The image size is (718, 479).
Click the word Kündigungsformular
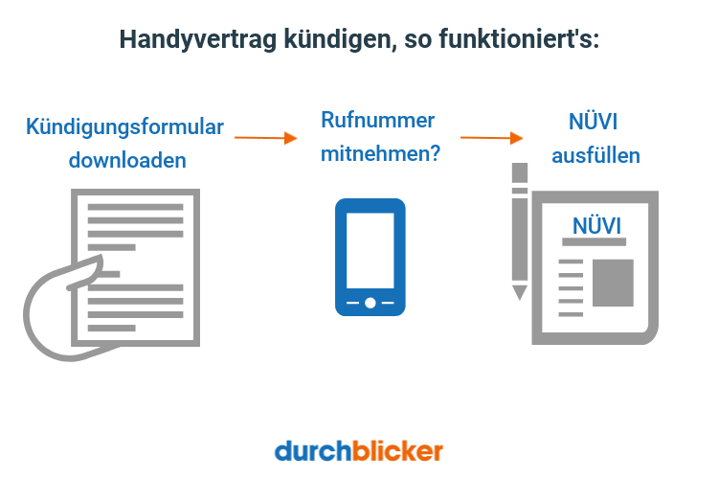click(x=125, y=126)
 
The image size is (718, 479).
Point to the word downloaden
click(x=126, y=160)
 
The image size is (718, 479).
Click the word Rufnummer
click(x=378, y=121)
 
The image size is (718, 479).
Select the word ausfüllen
click(x=595, y=154)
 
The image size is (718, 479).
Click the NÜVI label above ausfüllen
click(x=594, y=122)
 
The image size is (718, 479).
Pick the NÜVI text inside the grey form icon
click(x=595, y=225)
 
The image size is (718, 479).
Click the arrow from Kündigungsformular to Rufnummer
click(x=266, y=137)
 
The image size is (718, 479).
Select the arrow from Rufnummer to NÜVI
click(x=491, y=137)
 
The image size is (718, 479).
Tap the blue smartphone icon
click(x=370, y=257)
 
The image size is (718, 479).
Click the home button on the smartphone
click(x=370, y=303)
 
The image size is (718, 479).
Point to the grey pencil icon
click(x=520, y=230)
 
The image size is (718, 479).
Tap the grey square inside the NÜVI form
click(x=613, y=282)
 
